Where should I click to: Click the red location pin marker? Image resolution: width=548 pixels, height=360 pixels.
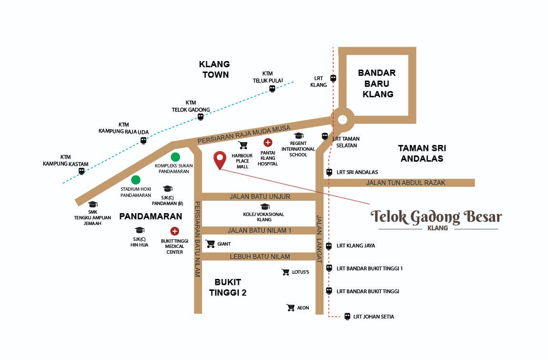[220, 159]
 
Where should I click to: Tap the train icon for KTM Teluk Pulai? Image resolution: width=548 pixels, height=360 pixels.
[272, 89]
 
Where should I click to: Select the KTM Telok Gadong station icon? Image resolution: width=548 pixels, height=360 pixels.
[201, 117]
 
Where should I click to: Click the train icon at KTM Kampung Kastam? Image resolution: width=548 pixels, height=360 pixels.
[81, 171]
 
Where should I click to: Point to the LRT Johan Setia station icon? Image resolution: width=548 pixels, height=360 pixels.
[347, 316]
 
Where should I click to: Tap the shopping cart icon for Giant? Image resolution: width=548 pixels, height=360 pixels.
[210, 244]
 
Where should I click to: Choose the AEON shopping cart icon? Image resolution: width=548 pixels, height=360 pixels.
[290, 308]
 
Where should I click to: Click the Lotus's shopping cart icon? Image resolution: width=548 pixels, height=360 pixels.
[285, 272]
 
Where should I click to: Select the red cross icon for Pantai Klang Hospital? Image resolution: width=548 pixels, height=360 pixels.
[268, 142]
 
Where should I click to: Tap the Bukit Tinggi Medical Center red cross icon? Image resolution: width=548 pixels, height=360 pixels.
[175, 231]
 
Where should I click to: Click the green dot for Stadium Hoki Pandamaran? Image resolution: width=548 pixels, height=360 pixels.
[136, 180]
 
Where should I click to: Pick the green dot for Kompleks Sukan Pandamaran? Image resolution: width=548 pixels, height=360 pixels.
[175, 156]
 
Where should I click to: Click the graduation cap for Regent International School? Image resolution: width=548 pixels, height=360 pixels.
[299, 136]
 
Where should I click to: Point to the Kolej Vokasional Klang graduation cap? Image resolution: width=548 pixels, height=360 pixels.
[264, 206]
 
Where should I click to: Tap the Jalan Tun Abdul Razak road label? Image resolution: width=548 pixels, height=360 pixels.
[399, 183]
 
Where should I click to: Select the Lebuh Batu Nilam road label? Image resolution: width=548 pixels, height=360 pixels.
[260, 257]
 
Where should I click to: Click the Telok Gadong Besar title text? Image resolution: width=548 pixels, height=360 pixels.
[436, 217]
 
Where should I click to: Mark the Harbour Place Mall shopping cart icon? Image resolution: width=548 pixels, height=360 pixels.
[243, 145]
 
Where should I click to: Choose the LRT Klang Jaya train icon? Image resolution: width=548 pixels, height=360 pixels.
[329, 246]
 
